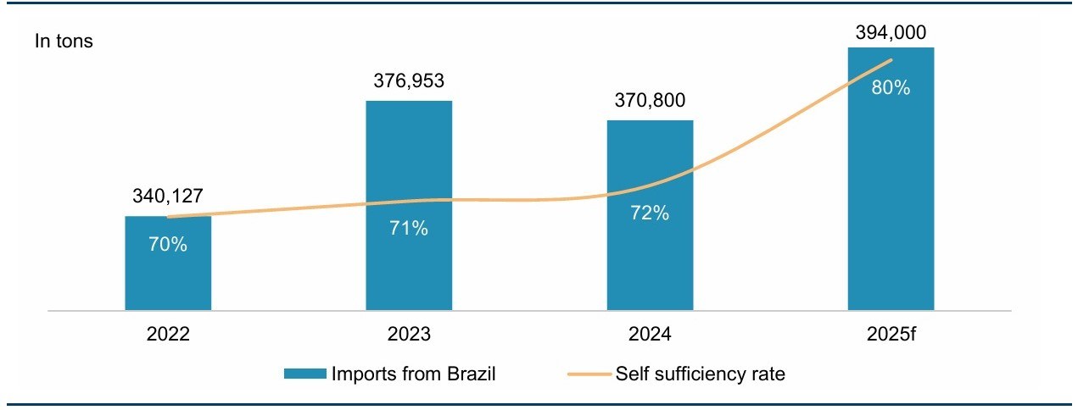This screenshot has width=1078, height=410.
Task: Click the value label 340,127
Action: tap(168, 197)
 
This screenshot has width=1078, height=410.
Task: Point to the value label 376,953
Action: tap(409, 81)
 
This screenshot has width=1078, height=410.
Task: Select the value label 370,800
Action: tap(650, 101)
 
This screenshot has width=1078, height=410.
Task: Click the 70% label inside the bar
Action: tap(168, 245)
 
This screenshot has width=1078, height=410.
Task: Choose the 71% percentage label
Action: tap(409, 229)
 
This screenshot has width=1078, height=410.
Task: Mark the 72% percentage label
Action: tap(650, 213)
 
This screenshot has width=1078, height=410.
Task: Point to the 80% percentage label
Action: tap(891, 87)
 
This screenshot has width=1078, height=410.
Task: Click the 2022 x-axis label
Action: tap(168, 334)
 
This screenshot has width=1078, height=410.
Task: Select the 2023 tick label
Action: tap(409, 334)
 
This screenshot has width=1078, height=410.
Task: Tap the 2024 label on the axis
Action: tap(650, 334)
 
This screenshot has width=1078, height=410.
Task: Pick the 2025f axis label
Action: tap(891, 334)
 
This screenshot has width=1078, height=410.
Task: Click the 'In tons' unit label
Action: tap(64, 41)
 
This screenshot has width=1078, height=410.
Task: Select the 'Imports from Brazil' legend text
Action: tap(414, 374)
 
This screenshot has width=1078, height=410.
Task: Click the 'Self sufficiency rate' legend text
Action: tap(700, 374)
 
